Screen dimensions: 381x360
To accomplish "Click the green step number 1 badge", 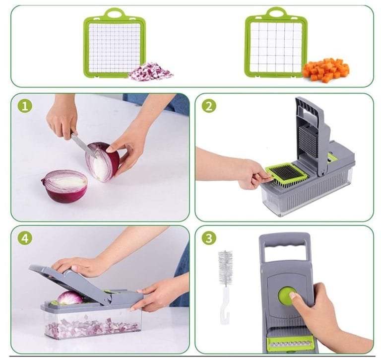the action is click(25, 106).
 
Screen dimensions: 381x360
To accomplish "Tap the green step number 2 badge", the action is click(209, 106).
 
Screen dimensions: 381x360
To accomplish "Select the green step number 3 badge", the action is click(209, 238).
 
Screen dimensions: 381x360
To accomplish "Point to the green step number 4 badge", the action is click(25, 238).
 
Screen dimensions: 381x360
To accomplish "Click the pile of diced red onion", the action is click(151, 72).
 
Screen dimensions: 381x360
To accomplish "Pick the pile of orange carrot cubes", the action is click(326, 70).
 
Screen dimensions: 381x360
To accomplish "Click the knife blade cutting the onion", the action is click(83, 145).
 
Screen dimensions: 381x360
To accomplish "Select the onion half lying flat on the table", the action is click(64, 186).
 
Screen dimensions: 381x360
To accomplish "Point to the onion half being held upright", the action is click(102, 161).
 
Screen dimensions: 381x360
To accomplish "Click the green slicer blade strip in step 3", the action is click(289, 344).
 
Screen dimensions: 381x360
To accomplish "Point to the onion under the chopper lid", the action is click(70, 297).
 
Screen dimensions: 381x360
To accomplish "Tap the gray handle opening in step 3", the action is click(284, 253).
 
